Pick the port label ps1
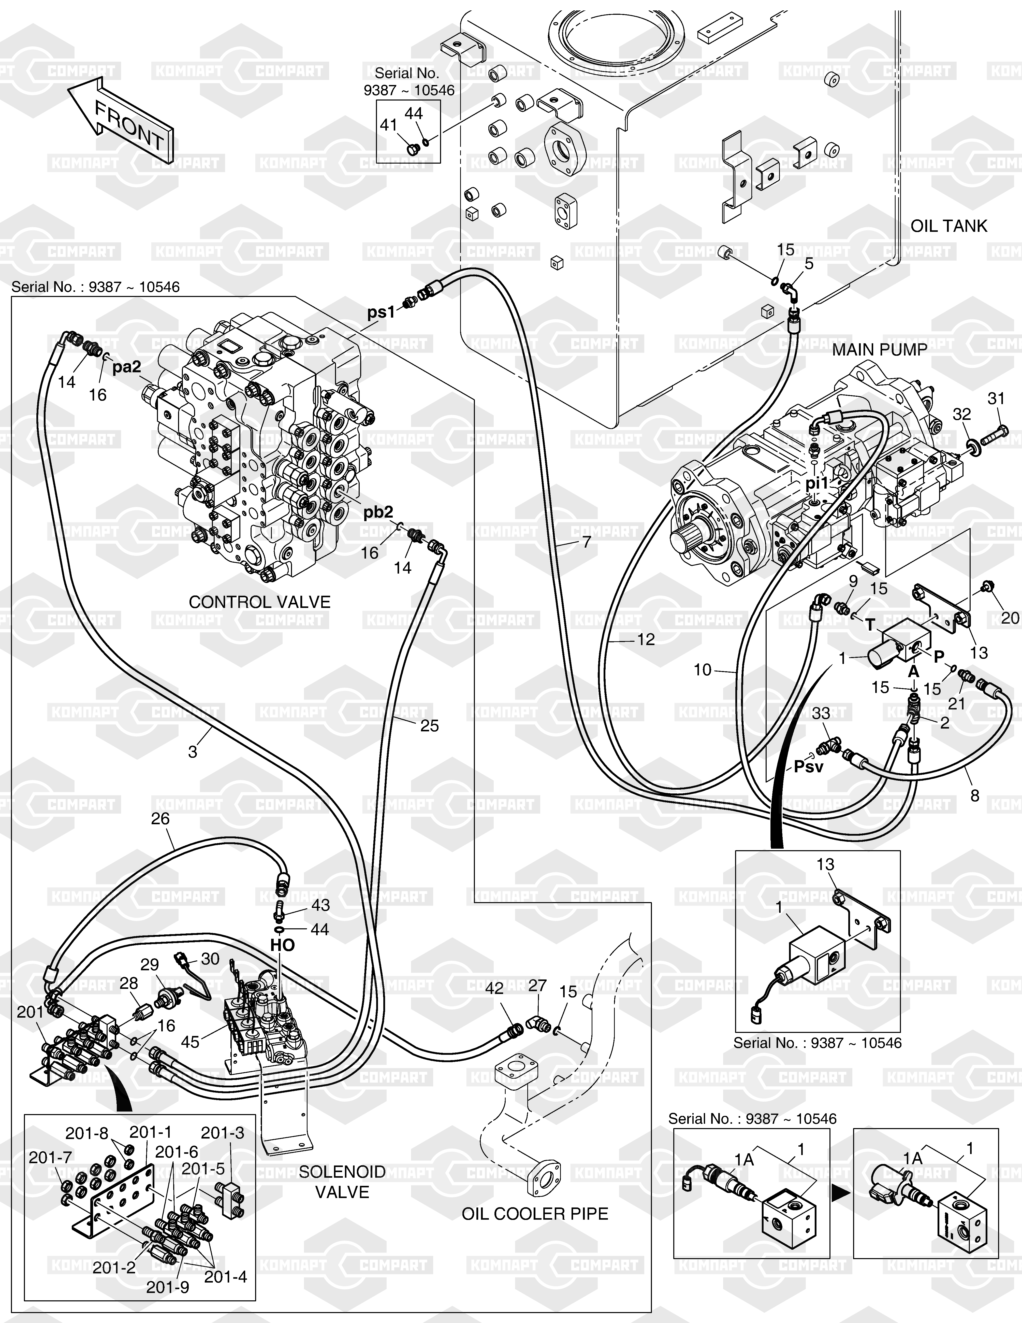[x=381, y=312]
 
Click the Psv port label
[x=808, y=767]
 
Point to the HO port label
[x=282, y=945]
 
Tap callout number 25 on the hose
[x=429, y=726]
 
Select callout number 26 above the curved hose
[x=160, y=819]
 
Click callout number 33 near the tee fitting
[x=821, y=714]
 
